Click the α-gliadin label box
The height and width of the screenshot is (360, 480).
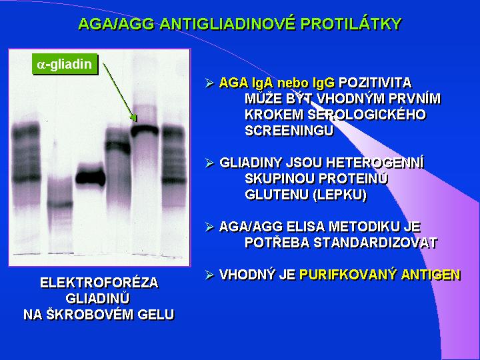65,65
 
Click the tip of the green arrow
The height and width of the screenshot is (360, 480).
136,121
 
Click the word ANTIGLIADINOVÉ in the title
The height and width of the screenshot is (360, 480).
228,24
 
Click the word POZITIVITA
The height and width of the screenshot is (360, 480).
375,83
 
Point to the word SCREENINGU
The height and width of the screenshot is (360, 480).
289,131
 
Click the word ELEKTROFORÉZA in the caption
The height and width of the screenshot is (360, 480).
99,282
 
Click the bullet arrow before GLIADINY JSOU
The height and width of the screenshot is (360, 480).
209,163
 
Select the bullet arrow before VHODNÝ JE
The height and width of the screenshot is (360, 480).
209,275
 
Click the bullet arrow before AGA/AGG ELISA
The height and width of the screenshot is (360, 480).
209,227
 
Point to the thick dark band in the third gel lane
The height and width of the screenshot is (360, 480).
90,177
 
